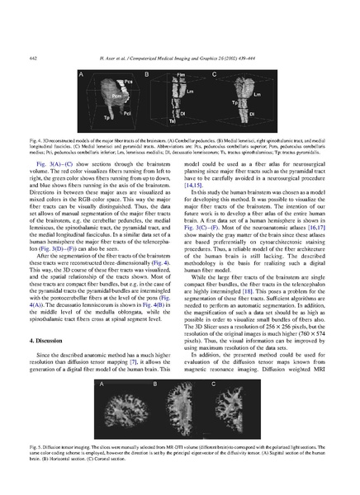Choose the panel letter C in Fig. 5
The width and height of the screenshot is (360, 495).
click(x=214, y=384)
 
